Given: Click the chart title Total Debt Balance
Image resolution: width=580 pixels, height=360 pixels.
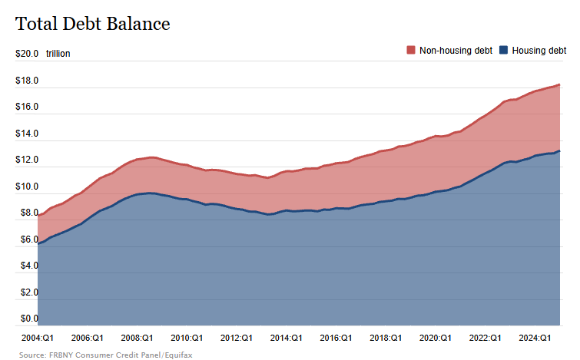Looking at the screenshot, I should coord(92,24).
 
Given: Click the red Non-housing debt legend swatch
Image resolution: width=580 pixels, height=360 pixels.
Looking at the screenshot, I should coord(411,50).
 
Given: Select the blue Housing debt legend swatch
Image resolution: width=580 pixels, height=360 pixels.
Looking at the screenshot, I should coord(503,50).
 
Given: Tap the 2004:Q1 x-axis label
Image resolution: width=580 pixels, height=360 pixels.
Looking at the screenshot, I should coord(37,337).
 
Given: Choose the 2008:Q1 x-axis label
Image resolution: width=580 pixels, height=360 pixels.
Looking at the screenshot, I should coord(136,337).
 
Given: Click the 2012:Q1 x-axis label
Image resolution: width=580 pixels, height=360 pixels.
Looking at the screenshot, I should coord(236,337).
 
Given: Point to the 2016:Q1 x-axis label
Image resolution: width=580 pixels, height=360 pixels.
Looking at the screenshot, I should coord(336,337).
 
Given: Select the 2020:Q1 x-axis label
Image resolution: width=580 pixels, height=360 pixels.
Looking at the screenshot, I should coord(436,337).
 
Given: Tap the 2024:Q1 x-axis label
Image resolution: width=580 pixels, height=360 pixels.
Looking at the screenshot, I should coord(535,337).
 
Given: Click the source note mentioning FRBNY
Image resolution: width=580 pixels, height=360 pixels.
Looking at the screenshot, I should coord(95,355).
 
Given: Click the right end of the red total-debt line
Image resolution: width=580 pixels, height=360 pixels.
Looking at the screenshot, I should coord(559,84).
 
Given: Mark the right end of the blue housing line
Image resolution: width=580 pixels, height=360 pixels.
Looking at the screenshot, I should coord(559,150).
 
